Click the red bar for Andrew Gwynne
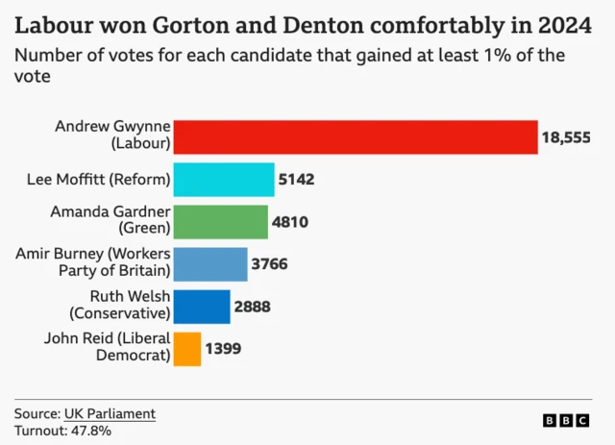pos(357,136)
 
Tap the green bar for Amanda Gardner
pos(222,221)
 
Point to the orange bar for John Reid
pos(189,348)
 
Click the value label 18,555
pos(566,137)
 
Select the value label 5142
pos(297,180)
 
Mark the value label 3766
pos(269,264)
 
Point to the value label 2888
pos(252,307)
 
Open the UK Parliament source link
pos(110,413)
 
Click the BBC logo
pos(565,420)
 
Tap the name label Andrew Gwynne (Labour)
pos(112,136)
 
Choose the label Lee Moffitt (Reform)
pos(100,179)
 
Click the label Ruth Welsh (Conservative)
pos(120,305)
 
